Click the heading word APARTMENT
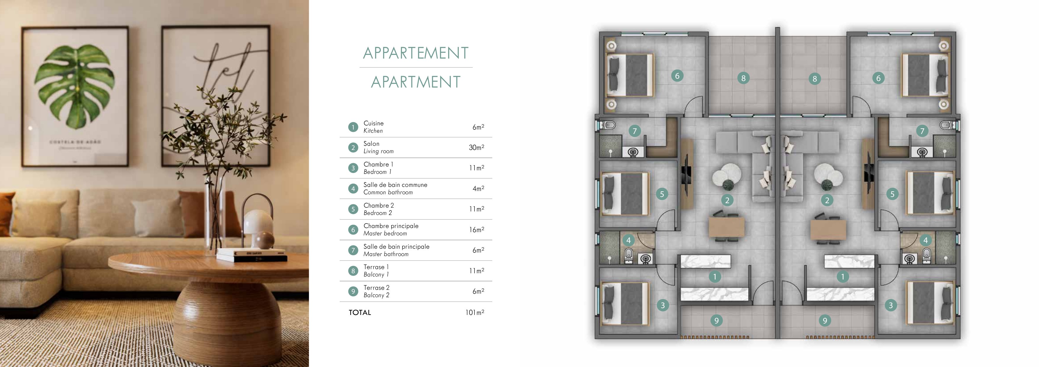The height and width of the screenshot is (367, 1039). tap(416, 82)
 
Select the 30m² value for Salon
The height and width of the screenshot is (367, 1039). tap(476, 148)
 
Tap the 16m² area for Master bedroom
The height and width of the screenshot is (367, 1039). tap(476, 229)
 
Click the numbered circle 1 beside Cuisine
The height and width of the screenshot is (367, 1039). tap(353, 127)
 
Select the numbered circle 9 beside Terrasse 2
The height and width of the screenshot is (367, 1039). tap(353, 291)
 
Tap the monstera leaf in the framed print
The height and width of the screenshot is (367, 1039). tap(75, 87)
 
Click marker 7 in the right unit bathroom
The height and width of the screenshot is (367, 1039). tap(922, 131)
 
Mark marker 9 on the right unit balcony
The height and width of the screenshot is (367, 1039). tap(825, 321)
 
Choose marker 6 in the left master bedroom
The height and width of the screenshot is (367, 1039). tap(677, 76)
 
